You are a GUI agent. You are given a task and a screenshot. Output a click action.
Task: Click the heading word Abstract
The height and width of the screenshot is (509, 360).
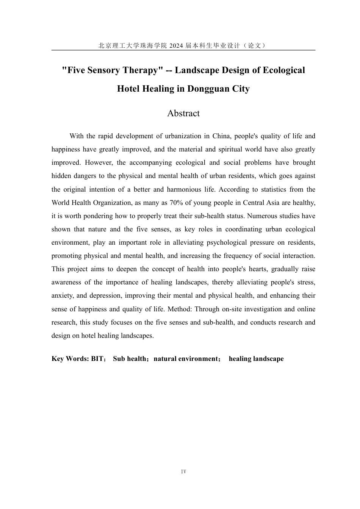[183, 113]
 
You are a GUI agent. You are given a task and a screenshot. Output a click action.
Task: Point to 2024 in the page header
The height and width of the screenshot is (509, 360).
[176, 45]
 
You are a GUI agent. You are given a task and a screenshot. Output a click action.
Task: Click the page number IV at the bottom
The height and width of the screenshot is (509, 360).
[183, 472]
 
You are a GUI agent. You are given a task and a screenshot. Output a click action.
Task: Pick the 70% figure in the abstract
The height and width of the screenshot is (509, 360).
[176, 203]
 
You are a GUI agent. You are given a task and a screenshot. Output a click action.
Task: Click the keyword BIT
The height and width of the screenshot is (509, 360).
[97, 359]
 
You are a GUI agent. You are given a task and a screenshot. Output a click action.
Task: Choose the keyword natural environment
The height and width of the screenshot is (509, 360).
[185, 359]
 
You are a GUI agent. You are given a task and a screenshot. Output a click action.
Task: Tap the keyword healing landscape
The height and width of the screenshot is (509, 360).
[256, 359]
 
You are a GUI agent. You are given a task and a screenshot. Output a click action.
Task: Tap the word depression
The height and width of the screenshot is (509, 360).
[103, 296]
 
